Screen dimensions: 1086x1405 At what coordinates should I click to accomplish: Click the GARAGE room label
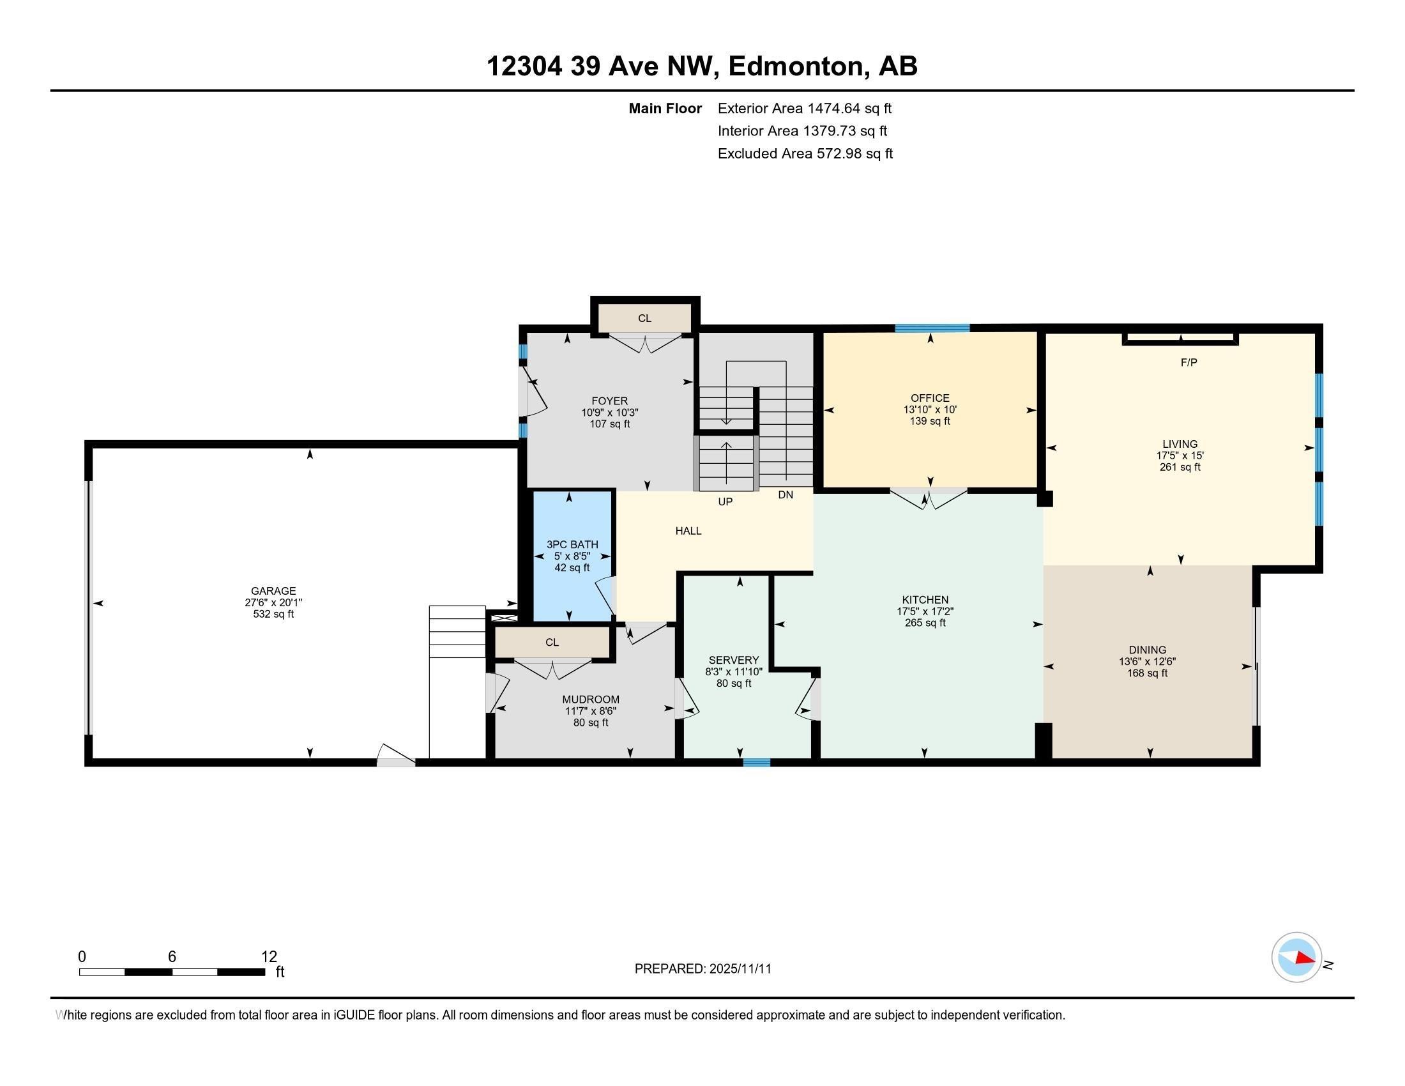273,591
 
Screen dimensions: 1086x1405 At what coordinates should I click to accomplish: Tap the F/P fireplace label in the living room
1189,363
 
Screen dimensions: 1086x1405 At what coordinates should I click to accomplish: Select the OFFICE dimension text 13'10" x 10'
930,410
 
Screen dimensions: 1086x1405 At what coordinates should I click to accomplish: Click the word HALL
688,531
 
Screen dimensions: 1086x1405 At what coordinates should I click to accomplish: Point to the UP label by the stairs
725,502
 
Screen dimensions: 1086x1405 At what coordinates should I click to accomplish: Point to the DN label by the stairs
786,494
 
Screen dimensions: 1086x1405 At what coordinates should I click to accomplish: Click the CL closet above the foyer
644,319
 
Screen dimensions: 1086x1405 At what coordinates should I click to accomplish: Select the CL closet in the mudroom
552,642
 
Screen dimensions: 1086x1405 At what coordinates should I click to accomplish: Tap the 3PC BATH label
572,544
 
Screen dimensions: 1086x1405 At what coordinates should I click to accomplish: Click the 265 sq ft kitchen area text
925,623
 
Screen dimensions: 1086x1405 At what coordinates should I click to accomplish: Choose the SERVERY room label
733,660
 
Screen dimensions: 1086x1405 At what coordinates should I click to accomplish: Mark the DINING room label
1147,650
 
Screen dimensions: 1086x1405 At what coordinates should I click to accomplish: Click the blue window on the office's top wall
932,328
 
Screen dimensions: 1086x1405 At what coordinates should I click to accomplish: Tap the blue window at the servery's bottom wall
757,763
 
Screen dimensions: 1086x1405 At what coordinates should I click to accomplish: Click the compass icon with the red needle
1296,958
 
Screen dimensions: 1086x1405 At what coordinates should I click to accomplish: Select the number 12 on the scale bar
269,956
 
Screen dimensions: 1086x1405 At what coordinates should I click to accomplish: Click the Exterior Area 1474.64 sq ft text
804,108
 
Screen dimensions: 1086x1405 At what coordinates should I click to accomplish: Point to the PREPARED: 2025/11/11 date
702,969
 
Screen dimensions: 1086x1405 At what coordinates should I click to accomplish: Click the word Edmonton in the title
796,66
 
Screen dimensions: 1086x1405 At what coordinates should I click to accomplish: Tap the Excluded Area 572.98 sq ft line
805,153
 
